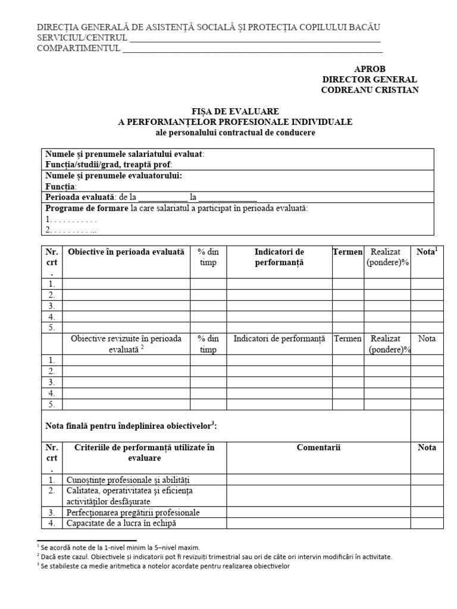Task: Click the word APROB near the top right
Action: coord(370,69)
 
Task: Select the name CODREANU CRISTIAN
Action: coord(370,90)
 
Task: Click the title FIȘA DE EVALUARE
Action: coord(235,111)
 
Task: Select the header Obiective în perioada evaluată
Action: coord(126,252)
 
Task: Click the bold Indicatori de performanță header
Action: coord(279,258)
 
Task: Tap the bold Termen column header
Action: coord(348,252)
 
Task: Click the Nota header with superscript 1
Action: coord(427,252)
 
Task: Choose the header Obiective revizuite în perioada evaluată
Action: coord(126,344)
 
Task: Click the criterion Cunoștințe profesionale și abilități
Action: coord(129,480)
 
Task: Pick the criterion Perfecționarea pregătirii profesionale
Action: coord(133,512)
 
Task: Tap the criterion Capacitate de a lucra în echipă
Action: coord(122,523)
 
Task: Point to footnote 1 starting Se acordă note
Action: coord(119,547)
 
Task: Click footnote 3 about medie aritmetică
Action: coord(164,567)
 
